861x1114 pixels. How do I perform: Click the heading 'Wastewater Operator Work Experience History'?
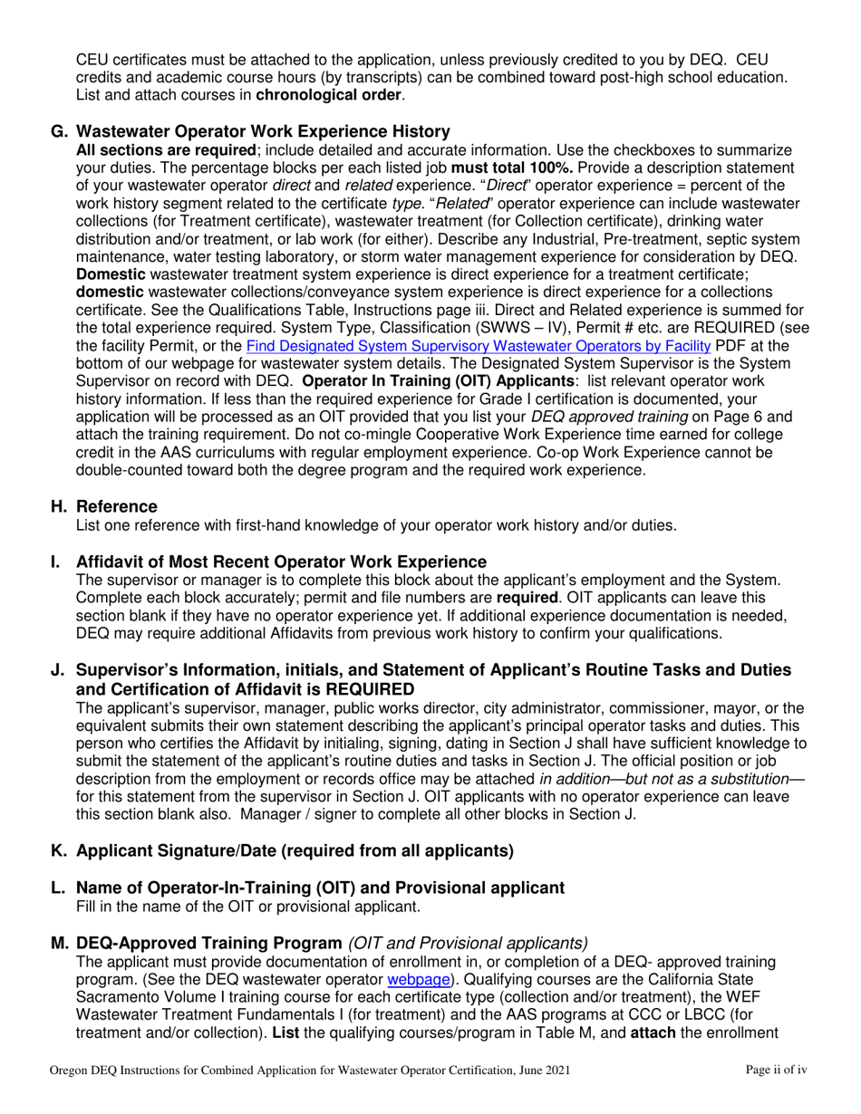[263, 131]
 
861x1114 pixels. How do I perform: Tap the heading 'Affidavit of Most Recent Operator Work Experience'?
[281, 562]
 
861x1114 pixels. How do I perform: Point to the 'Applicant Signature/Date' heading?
[295, 850]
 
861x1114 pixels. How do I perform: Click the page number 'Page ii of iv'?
[776, 1071]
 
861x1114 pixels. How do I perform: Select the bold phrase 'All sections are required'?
[166, 150]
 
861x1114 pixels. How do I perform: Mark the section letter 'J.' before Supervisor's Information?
[58, 670]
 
